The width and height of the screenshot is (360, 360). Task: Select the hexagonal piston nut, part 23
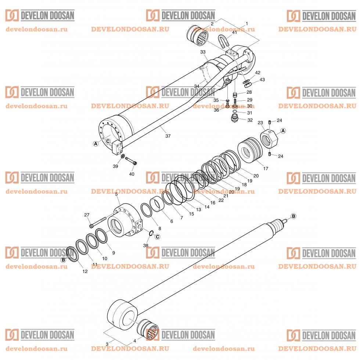[x=269, y=137]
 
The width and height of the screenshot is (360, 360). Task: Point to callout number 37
[x=168, y=136]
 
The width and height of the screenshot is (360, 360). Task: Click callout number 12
[x=85, y=271]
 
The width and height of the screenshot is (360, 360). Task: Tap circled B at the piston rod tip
[x=293, y=216]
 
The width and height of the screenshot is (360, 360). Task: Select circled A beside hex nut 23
[x=283, y=131]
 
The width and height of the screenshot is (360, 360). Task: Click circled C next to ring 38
[x=157, y=236]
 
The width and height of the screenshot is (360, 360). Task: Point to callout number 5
[x=116, y=194]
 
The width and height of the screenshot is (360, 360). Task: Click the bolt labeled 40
[x=131, y=162]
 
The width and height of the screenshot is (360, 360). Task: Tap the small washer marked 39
[x=122, y=156]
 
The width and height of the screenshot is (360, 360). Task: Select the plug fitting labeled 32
[x=234, y=119]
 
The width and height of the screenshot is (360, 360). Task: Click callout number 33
[x=203, y=52]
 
